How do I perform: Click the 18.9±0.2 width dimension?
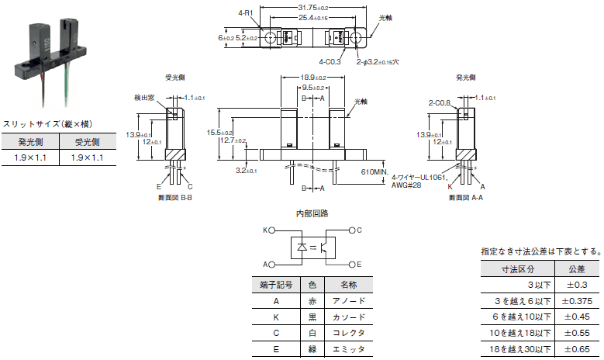coord(314,78)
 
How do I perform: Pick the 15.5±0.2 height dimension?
coord(220,133)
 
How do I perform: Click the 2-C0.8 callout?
coord(441,102)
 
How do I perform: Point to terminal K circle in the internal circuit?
coord(272,230)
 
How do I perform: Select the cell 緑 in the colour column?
coord(312,349)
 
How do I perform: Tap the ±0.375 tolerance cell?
coord(578,301)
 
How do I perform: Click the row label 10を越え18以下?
coord(517,333)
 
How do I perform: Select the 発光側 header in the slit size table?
coord(30,142)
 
